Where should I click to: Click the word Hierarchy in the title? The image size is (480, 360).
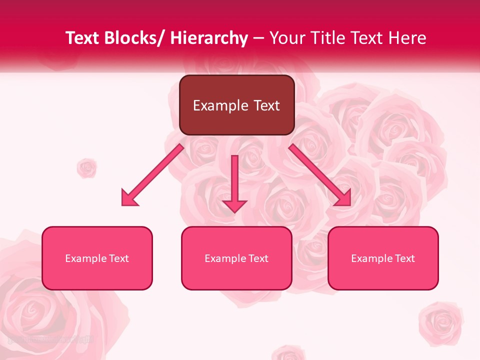[209, 38]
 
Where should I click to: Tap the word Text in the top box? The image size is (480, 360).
[265, 105]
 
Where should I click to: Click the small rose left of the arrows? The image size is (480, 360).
[87, 168]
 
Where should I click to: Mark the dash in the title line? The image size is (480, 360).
[258, 38]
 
